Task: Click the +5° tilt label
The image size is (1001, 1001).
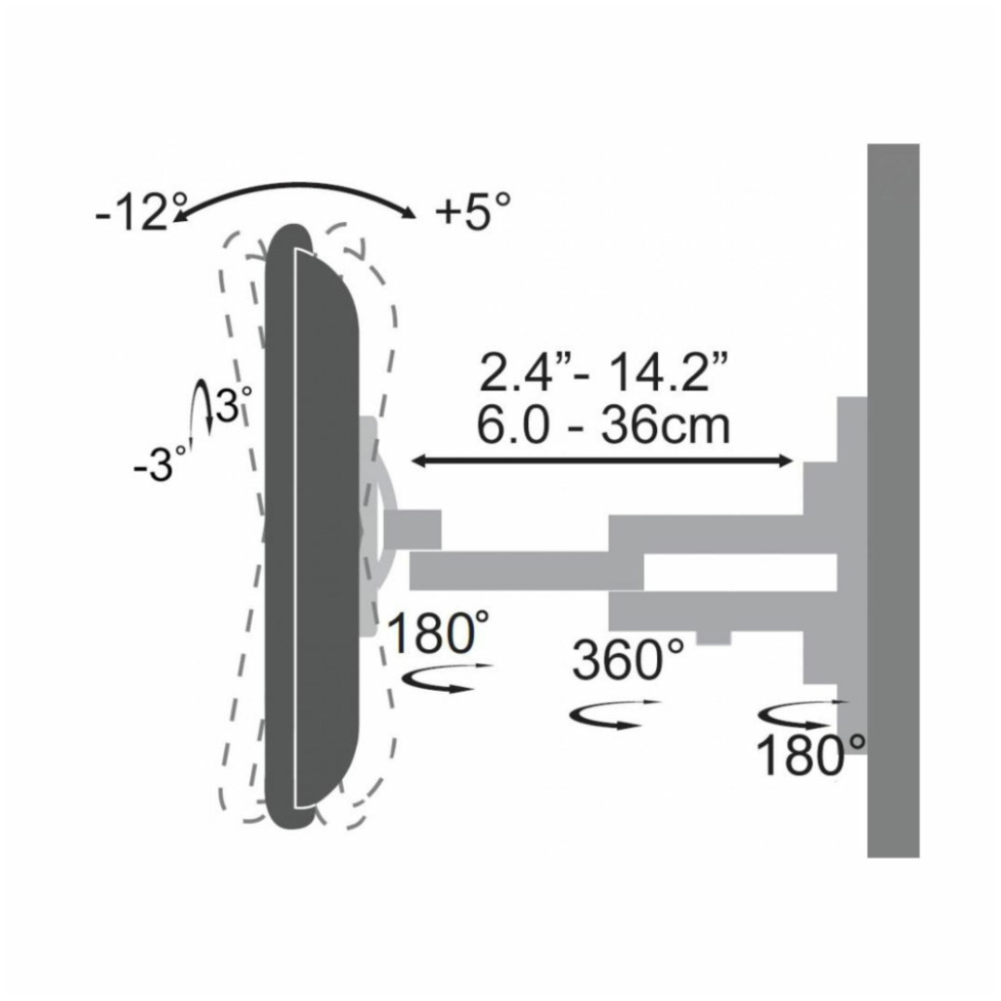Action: point(472,211)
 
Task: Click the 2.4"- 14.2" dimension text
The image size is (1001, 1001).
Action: point(603,373)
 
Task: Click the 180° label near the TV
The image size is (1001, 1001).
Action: point(432,636)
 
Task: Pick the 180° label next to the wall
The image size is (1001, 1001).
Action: point(810,756)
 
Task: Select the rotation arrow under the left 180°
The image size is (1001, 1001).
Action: point(447,678)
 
